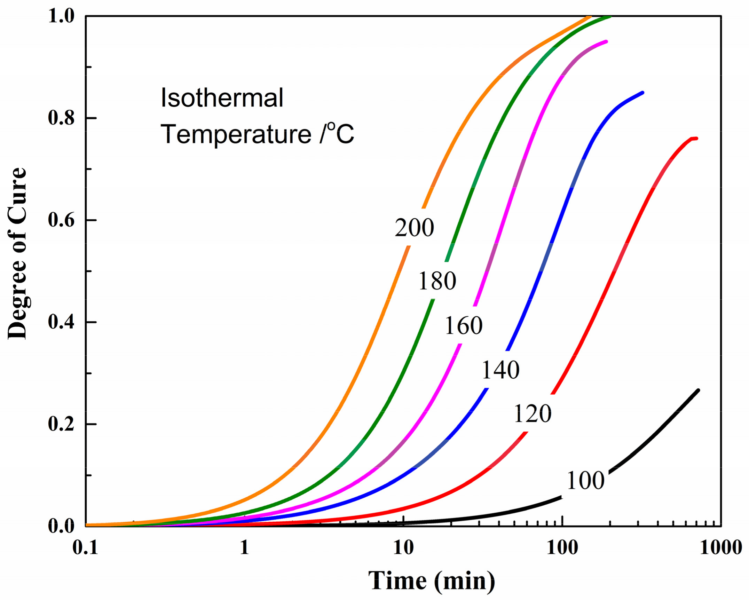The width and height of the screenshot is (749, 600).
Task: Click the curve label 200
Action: click(x=414, y=228)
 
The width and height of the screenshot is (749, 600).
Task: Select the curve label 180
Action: click(x=437, y=281)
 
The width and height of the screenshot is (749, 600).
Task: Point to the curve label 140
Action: click(x=500, y=370)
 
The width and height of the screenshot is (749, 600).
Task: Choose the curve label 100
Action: click(x=585, y=481)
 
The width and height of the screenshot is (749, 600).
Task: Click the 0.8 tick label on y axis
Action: click(x=61, y=118)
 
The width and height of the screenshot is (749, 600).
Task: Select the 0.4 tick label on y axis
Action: click(x=61, y=322)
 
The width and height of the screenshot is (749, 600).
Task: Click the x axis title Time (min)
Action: click(x=432, y=581)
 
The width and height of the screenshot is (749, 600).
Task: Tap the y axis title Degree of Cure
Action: click(x=17, y=253)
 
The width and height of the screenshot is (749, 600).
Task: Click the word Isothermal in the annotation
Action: click(x=222, y=98)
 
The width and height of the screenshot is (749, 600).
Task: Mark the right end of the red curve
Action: click(x=696, y=139)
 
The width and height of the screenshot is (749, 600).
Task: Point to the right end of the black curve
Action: click(x=698, y=390)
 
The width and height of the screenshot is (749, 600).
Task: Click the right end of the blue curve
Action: click(x=642, y=93)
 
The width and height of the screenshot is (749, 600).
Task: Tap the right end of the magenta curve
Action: click(x=606, y=42)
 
